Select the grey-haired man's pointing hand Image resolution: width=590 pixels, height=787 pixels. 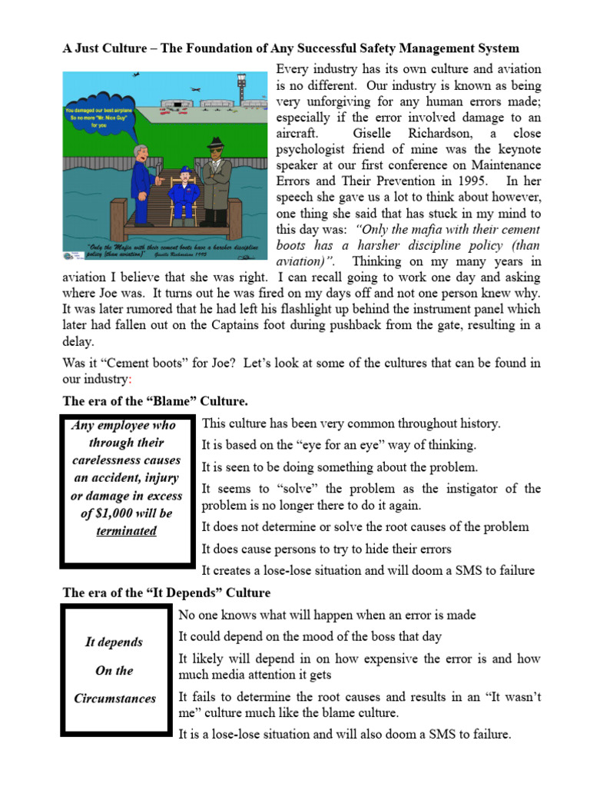pos(159,182)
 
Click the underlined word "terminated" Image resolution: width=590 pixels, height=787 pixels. pos(126,531)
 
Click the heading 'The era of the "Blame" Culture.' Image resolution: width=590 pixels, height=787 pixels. pos(154,401)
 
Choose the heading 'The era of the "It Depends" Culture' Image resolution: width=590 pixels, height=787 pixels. pos(166,593)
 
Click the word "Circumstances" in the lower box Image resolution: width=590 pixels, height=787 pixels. pos(114,699)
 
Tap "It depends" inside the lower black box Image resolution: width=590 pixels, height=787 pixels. pos(114,642)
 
